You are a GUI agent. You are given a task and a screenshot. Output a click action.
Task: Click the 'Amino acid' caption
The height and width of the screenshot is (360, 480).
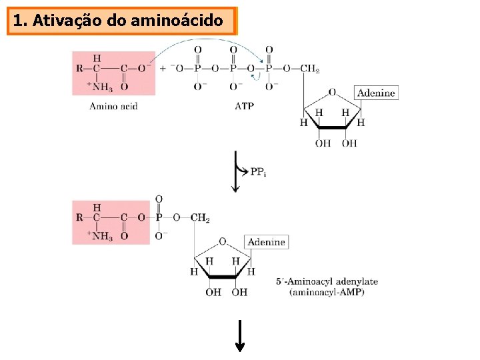pos(113,106)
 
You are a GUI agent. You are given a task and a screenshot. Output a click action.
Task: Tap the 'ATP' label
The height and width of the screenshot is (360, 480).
pos(244,106)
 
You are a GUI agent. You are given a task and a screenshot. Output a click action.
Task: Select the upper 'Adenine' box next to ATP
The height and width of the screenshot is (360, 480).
pos(376,93)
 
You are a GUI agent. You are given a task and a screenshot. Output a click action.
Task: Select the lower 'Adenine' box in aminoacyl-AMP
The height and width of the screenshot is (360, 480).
pos(266,242)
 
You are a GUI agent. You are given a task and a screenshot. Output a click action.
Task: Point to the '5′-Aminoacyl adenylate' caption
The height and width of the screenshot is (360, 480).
pos(327,281)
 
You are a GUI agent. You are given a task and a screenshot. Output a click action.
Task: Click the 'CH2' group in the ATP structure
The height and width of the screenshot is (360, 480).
pos(309,69)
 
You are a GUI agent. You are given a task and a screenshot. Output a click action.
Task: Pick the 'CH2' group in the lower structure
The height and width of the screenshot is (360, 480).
pos(200,217)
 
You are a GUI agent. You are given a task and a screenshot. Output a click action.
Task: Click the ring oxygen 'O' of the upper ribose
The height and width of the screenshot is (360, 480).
pos(331,93)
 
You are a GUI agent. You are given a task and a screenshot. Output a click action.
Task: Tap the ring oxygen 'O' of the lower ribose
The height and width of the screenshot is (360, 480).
pos(222,241)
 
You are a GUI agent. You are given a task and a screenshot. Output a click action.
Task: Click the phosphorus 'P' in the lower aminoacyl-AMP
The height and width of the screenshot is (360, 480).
pos(159,217)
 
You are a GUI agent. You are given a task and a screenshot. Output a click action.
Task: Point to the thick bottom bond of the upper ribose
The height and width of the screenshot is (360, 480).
pos(332,127)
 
